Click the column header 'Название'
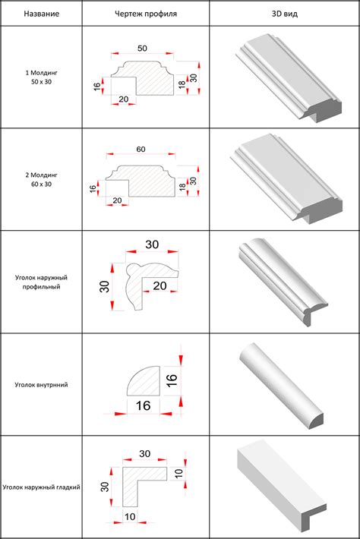point(41,14)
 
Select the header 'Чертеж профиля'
point(146,14)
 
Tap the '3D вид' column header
point(285,14)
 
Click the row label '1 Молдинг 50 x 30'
point(41,77)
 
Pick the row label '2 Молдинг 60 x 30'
point(41,179)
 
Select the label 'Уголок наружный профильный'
point(41,282)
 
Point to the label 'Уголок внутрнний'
point(41,385)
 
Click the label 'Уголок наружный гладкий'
point(41,487)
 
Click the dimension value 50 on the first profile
point(142,49)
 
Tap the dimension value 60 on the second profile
point(141,150)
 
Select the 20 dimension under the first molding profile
point(124,99)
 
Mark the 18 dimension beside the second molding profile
point(182,187)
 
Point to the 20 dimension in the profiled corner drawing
point(160,285)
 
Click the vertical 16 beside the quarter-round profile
point(172,380)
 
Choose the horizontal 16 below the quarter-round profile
point(143,405)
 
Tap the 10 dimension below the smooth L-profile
point(130,517)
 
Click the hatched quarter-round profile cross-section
point(146,383)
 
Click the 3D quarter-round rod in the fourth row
point(281,386)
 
